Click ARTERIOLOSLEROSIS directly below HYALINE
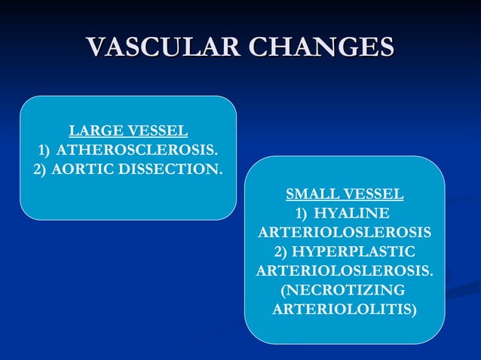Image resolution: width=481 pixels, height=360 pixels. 344,231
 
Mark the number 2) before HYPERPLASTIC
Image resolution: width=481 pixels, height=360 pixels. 280,251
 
